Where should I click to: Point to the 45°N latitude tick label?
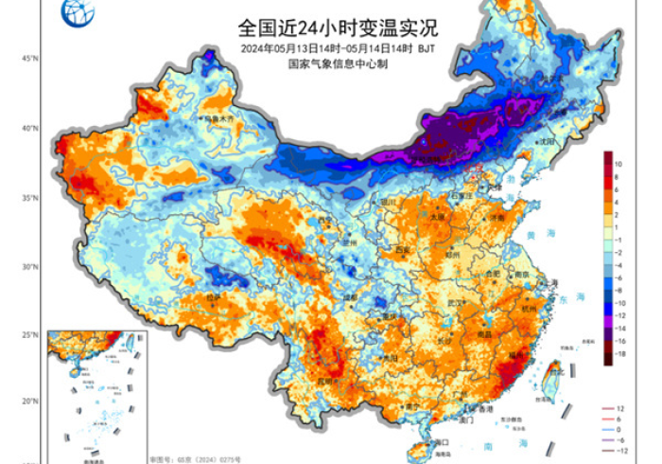pyautogui.click(x=29, y=59)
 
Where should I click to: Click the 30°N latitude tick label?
pyautogui.click(x=29, y=267)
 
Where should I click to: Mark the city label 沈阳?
pyautogui.click(x=546, y=141)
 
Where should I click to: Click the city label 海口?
pyautogui.click(x=440, y=441)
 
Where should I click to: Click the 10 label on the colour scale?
pyautogui.click(x=618, y=164)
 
